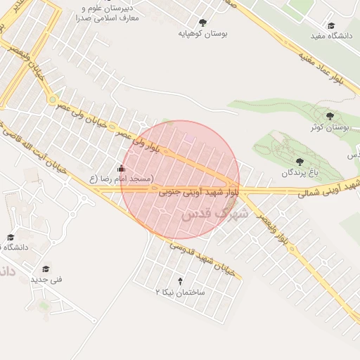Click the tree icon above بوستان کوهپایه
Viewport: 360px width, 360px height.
pos(203,22)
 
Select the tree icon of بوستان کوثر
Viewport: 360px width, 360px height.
pos(330,116)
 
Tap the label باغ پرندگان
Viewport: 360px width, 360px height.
pos(301,172)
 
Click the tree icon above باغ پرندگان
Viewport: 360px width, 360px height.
pos(300,161)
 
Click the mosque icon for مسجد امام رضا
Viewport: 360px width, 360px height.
pos(122,168)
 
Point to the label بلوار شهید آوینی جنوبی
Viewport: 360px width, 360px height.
pos(199,191)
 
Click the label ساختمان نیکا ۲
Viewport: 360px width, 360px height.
pos(179,291)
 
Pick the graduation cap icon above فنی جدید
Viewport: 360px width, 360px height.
pos(46,268)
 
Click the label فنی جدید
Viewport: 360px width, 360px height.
pos(46,279)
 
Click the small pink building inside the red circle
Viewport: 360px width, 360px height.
pos(189,139)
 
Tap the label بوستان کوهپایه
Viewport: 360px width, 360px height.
pos(204,33)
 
